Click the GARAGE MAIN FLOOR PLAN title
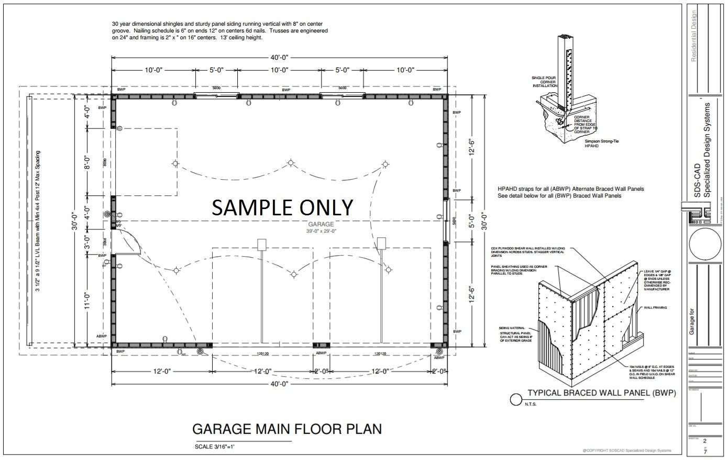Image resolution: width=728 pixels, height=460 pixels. (287, 429)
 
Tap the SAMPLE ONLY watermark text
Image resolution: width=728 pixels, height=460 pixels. (282, 207)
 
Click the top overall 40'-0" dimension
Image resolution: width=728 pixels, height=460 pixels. (280, 58)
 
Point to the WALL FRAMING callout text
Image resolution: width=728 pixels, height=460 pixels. (655, 308)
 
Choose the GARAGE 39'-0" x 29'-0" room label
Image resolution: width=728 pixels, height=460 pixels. (320, 227)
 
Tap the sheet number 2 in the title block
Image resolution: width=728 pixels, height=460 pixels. (705, 441)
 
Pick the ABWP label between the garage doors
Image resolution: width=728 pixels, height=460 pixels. (321, 354)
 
